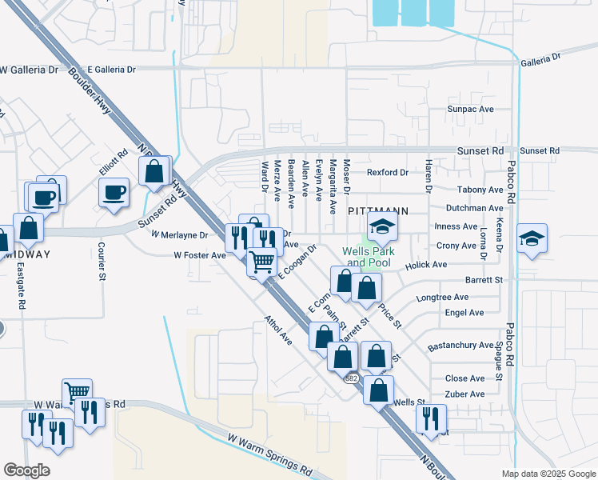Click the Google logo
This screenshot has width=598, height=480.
click(x=26, y=470)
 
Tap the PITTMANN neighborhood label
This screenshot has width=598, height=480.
click(x=378, y=211)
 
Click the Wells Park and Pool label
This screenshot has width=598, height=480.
click(x=366, y=257)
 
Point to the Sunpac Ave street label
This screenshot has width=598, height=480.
click(x=471, y=109)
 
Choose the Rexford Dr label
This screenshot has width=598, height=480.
click(x=388, y=172)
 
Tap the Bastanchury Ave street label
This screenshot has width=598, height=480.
click(x=460, y=345)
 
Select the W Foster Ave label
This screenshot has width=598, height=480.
click(x=200, y=255)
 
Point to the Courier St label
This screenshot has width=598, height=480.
click(x=102, y=262)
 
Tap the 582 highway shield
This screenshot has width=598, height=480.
click(x=350, y=378)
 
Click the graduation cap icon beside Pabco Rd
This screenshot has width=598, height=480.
click(x=532, y=238)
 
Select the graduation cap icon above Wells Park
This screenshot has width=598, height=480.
click(x=382, y=227)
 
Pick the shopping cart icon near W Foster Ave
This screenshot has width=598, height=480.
click(x=261, y=261)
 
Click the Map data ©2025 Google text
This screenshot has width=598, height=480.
click(x=548, y=474)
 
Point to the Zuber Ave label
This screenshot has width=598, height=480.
click(x=465, y=394)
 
